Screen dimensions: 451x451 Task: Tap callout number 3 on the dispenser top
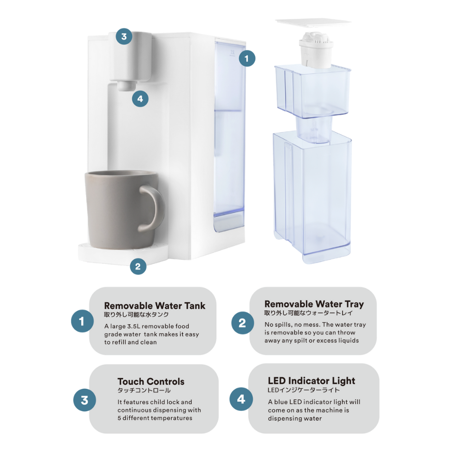pos(124,36)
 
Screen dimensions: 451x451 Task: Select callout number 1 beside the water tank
pos(247,58)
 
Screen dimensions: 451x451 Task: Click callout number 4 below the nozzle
pos(140,99)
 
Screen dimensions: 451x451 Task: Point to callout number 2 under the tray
pos(138,266)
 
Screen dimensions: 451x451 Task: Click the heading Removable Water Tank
pos(155,306)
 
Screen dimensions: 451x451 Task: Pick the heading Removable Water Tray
pos(314,304)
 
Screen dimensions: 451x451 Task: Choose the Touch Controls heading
pos(151,382)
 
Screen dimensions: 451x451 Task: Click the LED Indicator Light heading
pos(312,381)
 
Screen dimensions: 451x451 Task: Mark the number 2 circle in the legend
pos(243,323)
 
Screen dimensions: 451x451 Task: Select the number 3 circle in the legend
pos(85,400)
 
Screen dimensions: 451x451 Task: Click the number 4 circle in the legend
pos(241,399)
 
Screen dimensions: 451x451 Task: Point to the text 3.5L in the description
pos(131,326)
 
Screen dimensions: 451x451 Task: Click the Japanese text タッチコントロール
pos(144,391)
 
